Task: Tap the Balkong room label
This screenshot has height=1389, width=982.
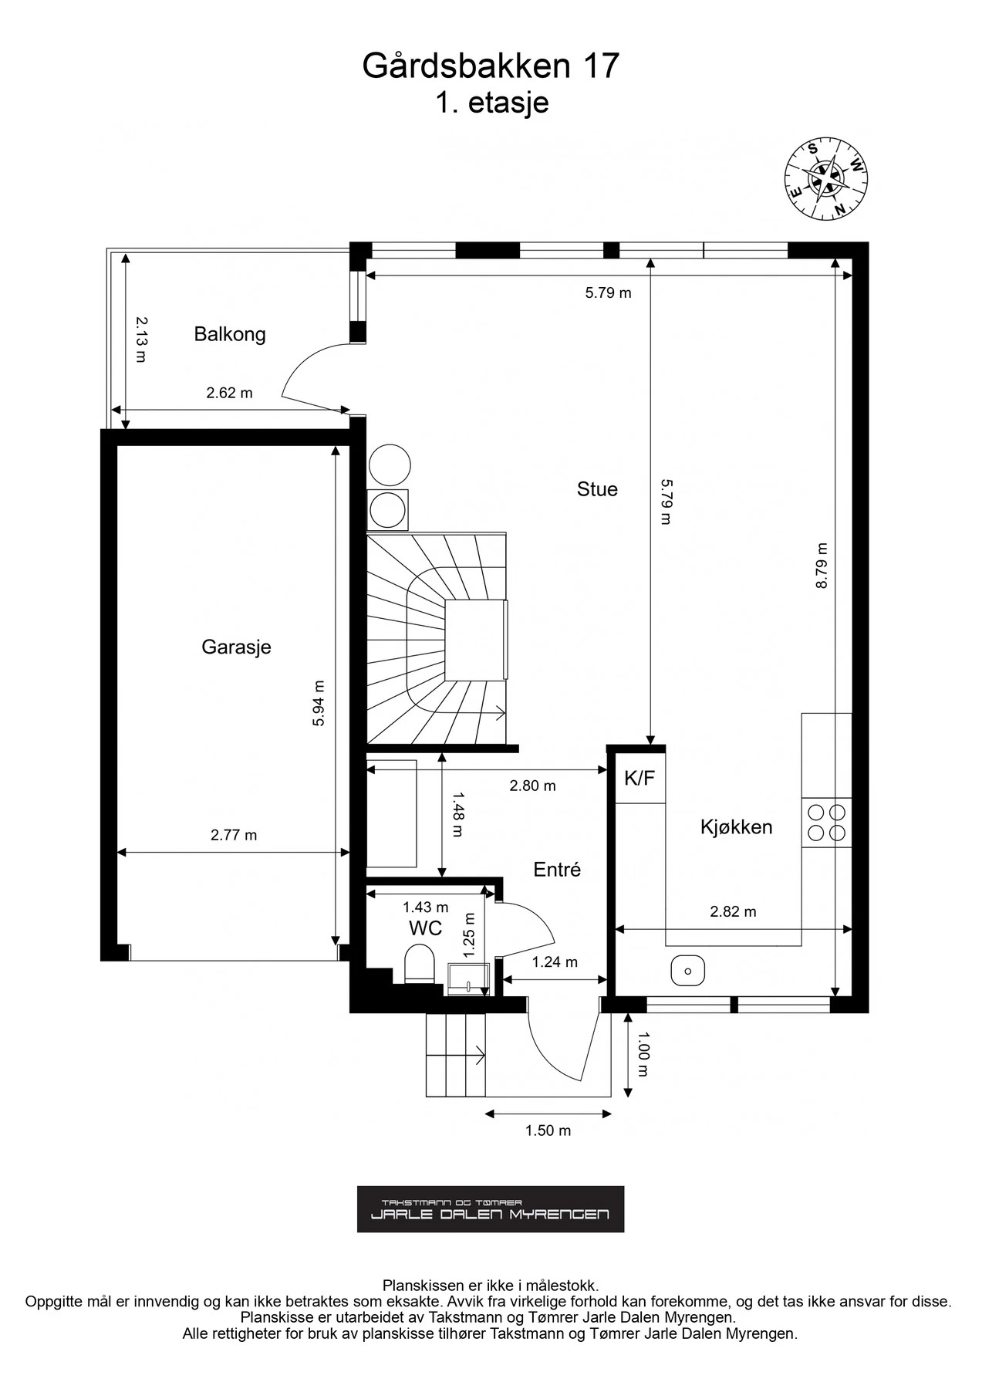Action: point(229,334)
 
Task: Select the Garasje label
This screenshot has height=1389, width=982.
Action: point(236,647)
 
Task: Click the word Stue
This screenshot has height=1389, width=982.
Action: point(597,489)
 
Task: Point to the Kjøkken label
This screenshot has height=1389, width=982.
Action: point(736,827)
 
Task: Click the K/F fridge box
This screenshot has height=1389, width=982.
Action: point(639,779)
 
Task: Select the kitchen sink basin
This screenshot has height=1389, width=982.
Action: point(687,970)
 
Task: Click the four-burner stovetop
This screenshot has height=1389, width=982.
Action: point(826,823)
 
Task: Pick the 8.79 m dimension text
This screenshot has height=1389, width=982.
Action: point(822,566)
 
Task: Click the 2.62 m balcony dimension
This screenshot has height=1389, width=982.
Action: point(229,393)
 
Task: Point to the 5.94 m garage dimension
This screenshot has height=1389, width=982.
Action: point(319,702)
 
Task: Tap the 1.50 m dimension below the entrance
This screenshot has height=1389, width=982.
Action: point(548,1130)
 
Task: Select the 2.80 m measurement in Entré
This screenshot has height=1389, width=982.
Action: point(532,786)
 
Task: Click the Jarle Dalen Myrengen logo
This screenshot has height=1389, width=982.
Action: point(491,1209)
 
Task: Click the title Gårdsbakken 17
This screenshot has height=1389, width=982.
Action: point(491,66)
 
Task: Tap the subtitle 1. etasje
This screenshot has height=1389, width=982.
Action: point(491,103)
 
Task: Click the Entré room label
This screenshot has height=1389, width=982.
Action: point(557,870)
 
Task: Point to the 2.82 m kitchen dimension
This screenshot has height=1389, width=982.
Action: point(733,911)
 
